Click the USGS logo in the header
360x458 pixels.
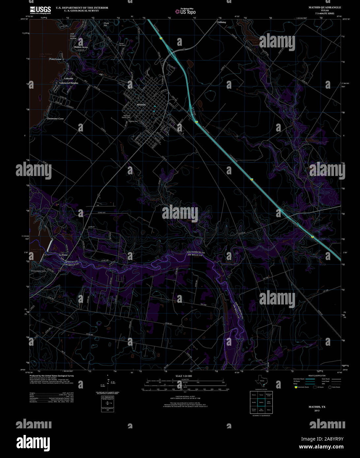coord(40,10)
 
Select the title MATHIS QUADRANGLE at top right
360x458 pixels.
coord(325,7)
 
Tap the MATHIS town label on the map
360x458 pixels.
coord(141,105)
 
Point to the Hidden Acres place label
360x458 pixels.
coord(81,47)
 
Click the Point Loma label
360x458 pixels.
coord(55,59)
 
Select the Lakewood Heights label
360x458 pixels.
coord(69,83)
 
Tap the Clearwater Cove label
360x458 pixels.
coord(55,119)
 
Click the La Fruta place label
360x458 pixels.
coord(63,255)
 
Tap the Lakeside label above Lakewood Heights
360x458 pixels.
coord(69,78)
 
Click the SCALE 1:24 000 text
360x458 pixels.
coord(184,376)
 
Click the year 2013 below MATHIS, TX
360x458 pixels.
coord(317,411)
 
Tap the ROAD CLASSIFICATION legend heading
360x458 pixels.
coord(316,376)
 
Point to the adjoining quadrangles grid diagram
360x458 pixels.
coord(261,402)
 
